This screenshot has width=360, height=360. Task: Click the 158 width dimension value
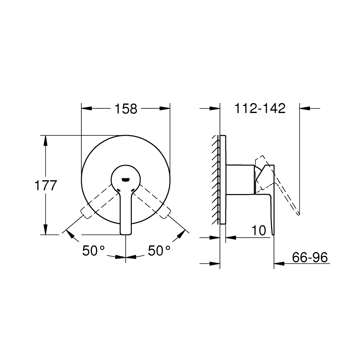[126, 108]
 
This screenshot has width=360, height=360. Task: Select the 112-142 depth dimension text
[260, 108]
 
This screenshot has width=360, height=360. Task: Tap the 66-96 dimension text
[309, 258]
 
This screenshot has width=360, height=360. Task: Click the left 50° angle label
[93, 251]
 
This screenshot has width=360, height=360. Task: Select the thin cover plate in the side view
[222, 180]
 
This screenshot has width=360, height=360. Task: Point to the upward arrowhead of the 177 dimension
[46, 140]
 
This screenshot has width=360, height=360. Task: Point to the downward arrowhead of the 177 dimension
[46, 230]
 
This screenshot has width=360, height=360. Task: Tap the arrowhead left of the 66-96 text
[279, 263]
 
